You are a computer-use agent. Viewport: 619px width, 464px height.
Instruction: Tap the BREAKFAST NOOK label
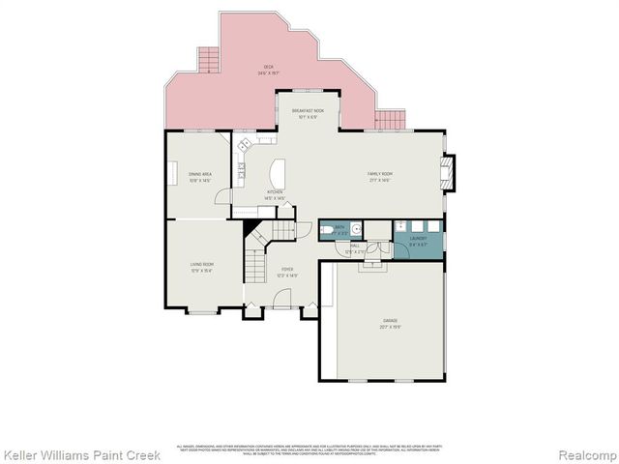click(308, 111)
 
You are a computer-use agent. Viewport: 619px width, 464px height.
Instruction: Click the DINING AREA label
click(200, 174)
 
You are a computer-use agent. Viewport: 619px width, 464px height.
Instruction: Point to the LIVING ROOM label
click(201, 264)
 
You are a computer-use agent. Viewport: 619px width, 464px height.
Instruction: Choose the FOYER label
click(287, 269)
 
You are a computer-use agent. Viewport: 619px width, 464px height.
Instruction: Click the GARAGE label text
click(390, 320)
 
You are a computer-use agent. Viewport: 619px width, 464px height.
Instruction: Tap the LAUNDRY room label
click(418, 238)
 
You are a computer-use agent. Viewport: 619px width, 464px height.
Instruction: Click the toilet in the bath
click(329, 229)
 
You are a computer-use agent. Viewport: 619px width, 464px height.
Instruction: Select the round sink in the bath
click(355, 229)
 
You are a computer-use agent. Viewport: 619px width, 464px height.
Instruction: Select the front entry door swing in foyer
click(282, 303)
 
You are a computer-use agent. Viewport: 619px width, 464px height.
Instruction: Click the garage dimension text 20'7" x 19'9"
click(390, 326)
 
